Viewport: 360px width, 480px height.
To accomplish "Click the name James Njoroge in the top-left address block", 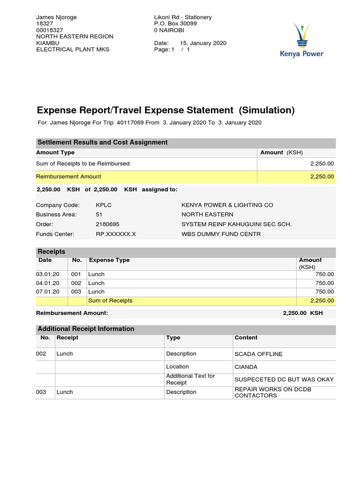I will pos(56,17).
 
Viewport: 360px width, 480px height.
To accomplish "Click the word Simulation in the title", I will pos(266,110).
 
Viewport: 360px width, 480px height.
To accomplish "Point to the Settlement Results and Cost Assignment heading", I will pos(102,142).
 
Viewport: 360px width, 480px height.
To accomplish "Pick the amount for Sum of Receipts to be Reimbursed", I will pos(322,164).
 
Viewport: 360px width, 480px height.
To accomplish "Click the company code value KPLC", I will pos(104,205).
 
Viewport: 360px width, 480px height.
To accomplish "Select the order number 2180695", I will pos(107,224).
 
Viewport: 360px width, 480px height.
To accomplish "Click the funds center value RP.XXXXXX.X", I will pos(116,234).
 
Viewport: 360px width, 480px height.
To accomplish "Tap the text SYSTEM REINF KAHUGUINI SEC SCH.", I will pos(236,224).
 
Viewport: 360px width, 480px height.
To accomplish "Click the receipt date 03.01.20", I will pos(48,274).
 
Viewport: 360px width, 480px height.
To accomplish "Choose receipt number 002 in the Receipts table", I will pos(76,283).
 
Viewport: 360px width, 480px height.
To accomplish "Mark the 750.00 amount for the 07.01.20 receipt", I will pos(324,292).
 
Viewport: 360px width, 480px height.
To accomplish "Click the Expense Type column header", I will pos(109,260).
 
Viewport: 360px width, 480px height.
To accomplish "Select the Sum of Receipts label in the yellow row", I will pos(111,300).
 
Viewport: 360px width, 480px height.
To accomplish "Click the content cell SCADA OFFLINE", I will pos(258,354).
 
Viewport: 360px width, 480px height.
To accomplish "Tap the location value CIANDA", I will pos(246,367).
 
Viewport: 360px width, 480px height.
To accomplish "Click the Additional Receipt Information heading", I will pos(86,329).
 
